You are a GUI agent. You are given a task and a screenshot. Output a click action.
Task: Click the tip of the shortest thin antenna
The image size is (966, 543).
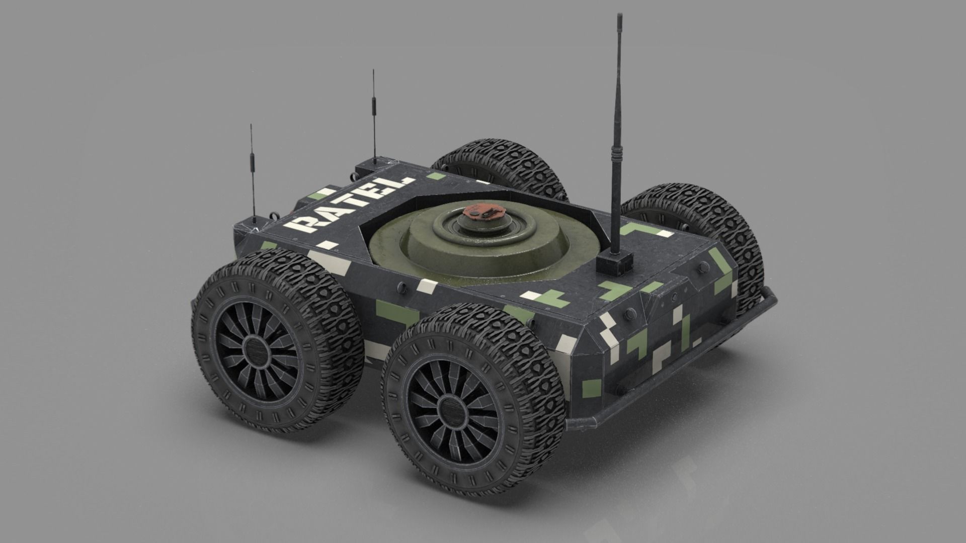[251, 126]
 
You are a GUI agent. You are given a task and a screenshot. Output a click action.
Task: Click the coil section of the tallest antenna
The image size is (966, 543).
[614, 151]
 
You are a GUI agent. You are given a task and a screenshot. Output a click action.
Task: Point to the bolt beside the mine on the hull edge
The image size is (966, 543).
[402, 288]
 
